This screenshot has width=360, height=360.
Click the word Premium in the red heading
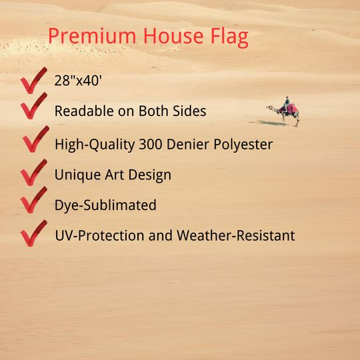point(92,36)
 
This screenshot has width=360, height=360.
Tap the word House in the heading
point(173,35)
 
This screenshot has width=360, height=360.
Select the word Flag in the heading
point(229,37)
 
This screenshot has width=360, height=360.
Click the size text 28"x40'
point(78,81)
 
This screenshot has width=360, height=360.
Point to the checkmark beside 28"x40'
point(34,81)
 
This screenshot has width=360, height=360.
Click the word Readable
point(84,111)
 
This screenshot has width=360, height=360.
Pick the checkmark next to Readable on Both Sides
point(34,105)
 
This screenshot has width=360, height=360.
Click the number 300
point(151,145)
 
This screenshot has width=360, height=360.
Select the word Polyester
point(243,145)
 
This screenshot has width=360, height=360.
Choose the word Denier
point(188,144)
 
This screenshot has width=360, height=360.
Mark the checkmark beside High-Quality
point(36,139)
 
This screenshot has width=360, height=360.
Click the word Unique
point(77,175)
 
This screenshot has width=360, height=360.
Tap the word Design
point(150,175)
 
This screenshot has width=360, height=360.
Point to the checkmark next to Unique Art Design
point(34,172)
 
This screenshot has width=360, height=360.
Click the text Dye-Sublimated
point(105,205)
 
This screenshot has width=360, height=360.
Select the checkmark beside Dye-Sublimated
point(34,200)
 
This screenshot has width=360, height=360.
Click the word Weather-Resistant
point(236,235)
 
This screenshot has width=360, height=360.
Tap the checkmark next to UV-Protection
point(34,233)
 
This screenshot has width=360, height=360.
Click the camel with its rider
point(284,111)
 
